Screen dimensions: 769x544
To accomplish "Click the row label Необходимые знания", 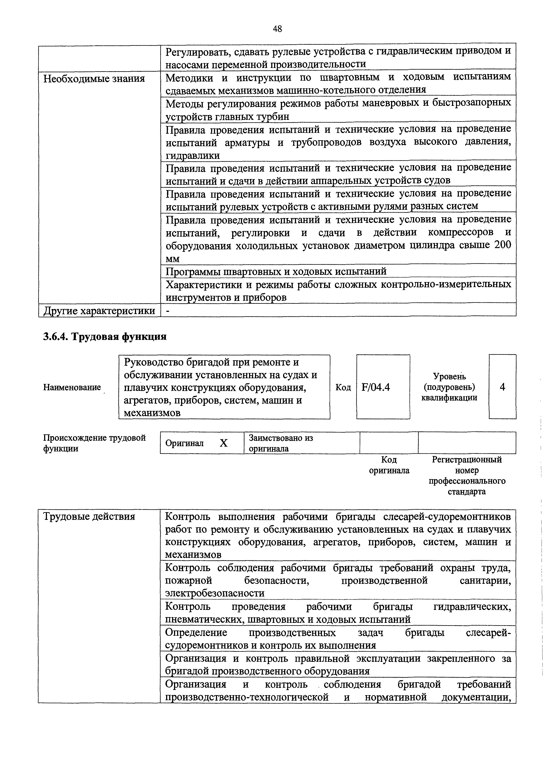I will click(94, 79).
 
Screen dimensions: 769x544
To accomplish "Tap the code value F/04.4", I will click(376, 387).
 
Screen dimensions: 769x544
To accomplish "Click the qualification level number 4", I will click(502, 387).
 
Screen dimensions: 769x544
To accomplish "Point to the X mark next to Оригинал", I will click(223, 443).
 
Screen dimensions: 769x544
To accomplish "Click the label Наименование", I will click(72, 387).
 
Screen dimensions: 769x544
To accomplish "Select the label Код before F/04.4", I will click(343, 387).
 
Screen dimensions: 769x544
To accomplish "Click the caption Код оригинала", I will click(389, 465).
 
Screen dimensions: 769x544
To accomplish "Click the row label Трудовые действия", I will click(89, 517).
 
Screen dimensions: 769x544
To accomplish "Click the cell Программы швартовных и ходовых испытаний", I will click(276, 271).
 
